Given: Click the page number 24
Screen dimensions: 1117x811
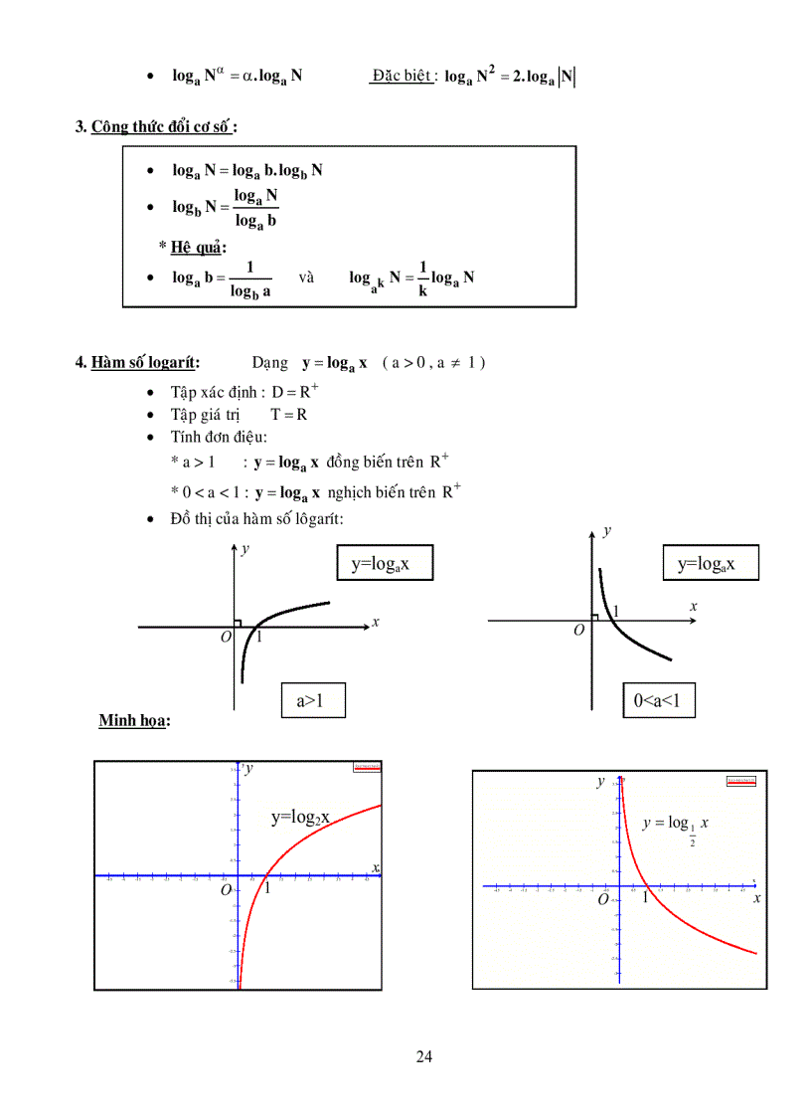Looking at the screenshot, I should pos(424,1056).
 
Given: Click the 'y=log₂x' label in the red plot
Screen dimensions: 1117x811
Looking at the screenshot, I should pos(300,818).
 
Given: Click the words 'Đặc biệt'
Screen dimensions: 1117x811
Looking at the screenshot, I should pos(402,76).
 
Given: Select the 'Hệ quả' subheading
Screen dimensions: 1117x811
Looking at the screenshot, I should pos(198,247).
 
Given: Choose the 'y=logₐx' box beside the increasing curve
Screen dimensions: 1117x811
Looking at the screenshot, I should pos(386,564).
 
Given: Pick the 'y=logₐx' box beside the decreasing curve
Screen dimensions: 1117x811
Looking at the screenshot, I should pos(711,564).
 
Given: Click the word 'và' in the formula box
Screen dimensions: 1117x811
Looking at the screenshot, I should pos(306,278).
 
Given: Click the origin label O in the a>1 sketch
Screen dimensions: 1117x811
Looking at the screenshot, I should pos(226,637).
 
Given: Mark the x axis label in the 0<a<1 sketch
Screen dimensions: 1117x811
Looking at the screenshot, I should pos(693,606).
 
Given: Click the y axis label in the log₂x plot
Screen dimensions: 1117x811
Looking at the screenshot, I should pos(248,767).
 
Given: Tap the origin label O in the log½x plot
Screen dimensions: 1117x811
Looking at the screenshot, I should pos(602,899).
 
